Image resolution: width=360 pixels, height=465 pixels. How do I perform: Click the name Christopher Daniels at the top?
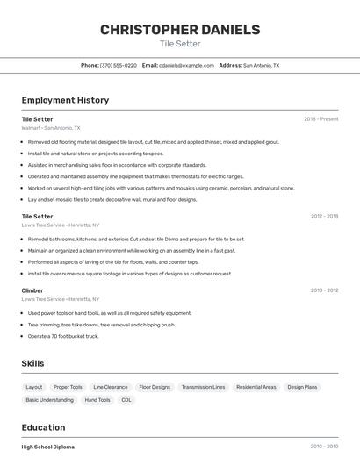coord(180,30)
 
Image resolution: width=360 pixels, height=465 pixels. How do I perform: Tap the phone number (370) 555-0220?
coord(119,66)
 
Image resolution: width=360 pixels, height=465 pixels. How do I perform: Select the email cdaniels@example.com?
coord(187,66)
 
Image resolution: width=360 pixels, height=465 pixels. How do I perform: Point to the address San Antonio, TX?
coord(261,66)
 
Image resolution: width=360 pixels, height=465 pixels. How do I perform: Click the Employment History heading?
coord(65,100)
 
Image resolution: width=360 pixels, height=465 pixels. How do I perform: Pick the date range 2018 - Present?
coord(320,119)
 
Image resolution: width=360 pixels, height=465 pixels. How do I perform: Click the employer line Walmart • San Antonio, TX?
coord(51,128)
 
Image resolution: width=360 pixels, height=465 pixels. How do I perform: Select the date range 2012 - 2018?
coord(324,216)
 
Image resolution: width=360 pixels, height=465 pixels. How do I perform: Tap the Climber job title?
coord(32,290)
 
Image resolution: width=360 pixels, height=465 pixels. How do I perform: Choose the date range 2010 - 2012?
coord(324,290)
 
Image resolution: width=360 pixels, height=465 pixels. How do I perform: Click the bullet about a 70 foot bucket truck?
coord(63,336)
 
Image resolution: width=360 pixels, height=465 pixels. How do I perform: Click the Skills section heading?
coord(33,363)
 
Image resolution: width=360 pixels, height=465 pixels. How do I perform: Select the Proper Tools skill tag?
coord(68,387)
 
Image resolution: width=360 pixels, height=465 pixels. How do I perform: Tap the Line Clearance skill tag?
coord(111,387)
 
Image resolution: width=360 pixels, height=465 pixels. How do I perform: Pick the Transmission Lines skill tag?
coord(203,387)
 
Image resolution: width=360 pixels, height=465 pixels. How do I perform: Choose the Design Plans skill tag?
coord(302,387)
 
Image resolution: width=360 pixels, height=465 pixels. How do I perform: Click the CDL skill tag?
coord(126,400)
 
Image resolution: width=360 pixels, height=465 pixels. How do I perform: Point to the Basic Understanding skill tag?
coord(49,400)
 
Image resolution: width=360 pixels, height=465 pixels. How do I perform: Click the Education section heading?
coord(44,427)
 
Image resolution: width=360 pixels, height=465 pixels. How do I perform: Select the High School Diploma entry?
coord(48,447)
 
